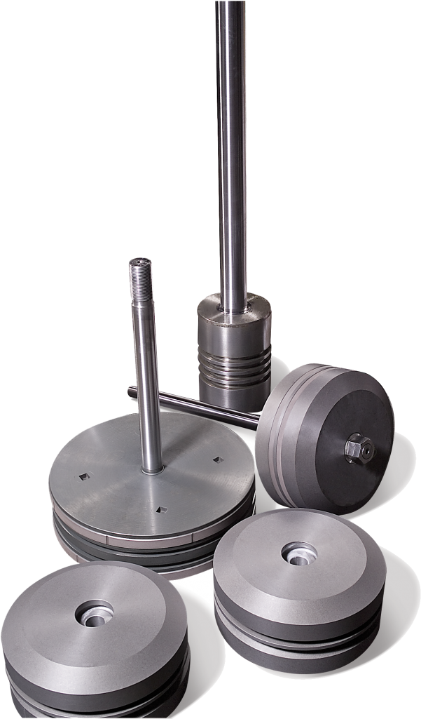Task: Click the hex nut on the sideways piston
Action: (359, 447)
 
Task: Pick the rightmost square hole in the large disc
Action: (216, 460)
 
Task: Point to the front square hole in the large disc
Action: (161, 510)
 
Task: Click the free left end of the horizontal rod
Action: (130, 391)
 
